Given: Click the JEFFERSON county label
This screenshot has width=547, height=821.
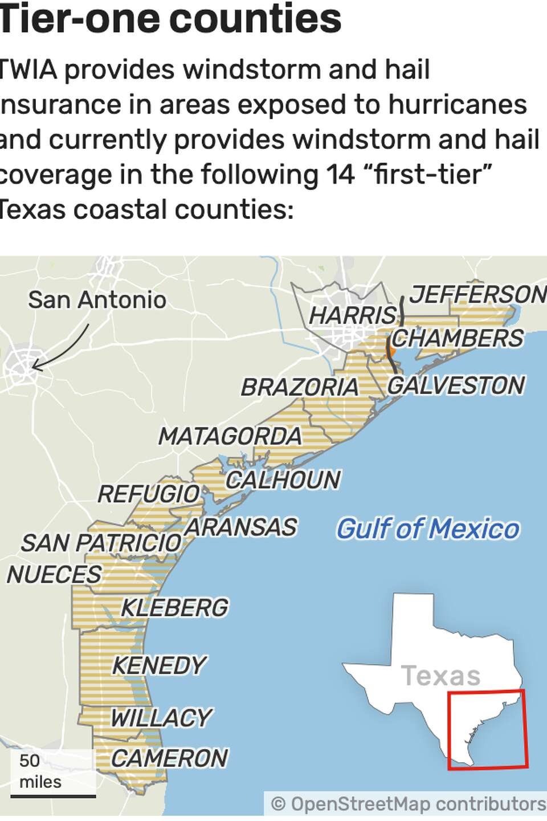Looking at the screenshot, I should [x=477, y=295].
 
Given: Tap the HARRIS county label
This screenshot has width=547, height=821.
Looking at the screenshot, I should [x=352, y=315].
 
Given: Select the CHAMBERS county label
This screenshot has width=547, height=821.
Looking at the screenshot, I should [x=457, y=338].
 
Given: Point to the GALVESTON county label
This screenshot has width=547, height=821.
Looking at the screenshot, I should [x=456, y=385].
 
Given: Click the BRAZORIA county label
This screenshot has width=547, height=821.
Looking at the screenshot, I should [x=299, y=388].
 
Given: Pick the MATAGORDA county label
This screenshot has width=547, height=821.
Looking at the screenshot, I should [x=230, y=437].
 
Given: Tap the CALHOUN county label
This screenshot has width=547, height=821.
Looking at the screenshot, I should [x=283, y=480].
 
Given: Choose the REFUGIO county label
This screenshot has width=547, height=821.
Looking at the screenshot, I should [x=148, y=494].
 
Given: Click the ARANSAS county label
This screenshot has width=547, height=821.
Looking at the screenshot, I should [x=241, y=527].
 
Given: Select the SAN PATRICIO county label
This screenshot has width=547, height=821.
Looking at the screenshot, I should [x=101, y=543].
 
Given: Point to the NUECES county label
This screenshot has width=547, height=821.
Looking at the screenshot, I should [x=54, y=575].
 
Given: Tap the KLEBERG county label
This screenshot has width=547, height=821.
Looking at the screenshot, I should [x=174, y=608].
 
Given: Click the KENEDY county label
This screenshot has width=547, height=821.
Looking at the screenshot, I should [x=159, y=665].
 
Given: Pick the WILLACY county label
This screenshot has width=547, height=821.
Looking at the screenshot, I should [x=161, y=718].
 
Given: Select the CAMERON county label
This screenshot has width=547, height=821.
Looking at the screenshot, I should [x=169, y=758].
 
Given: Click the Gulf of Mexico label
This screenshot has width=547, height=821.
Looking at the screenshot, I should [x=427, y=529].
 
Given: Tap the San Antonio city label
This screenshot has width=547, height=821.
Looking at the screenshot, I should [x=97, y=300].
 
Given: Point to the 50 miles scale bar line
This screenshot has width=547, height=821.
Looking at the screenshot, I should [x=53, y=796].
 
